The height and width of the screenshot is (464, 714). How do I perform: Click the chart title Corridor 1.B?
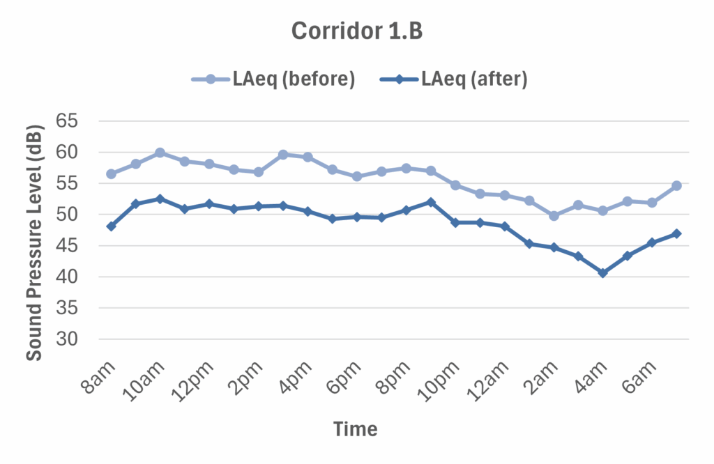coord(356,31)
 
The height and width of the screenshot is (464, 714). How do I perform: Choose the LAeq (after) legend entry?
coord(453,79)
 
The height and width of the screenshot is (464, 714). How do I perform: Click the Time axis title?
coord(355,428)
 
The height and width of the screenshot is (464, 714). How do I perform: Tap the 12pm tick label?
coord(197,380)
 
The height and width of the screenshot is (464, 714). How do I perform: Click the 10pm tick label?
coord(443,380)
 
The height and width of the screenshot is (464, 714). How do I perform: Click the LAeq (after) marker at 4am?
coord(602,273)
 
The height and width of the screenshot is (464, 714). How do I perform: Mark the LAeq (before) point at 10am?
coord(160,153)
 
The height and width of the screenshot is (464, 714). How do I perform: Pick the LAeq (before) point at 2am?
coord(554,216)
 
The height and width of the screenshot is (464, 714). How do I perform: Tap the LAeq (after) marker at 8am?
coord(111,226)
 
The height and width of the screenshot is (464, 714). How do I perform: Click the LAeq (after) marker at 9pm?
coord(430,202)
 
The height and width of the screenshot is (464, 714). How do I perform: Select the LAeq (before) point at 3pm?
coord(283,155)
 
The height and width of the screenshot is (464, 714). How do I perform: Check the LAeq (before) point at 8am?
coord(111,173)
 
